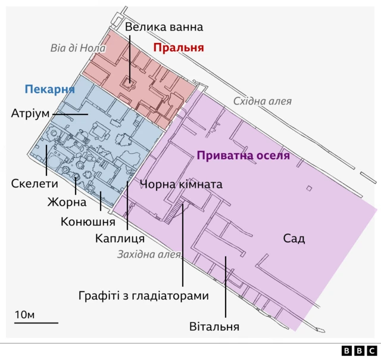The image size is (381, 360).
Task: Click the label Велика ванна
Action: (x=164, y=27)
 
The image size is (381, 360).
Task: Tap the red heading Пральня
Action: (x=179, y=48)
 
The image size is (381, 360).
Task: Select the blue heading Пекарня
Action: (x=49, y=89)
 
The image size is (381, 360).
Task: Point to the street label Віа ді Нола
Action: (x=78, y=48)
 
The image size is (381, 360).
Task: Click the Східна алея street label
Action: (x=262, y=101)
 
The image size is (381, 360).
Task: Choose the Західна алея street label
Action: (x=149, y=255)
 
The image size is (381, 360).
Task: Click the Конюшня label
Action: (x=88, y=222)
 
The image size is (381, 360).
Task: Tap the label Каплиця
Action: (x=120, y=238)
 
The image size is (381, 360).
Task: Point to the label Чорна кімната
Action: (x=181, y=184)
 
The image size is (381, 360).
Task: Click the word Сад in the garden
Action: (x=293, y=239)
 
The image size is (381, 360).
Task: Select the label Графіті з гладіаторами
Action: (x=144, y=296)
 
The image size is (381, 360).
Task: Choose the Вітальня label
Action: (x=214, y=327)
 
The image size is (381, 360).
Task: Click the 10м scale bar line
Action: (x=36, y=323)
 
